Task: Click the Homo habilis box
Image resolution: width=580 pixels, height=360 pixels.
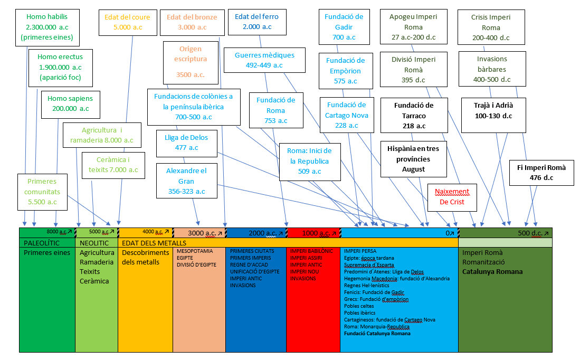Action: coord(46,27)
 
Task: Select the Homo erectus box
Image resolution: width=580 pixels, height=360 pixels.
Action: coord(60,67)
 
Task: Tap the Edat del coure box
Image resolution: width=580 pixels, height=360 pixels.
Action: coord(127,22)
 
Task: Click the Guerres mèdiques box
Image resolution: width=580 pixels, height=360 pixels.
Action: coord(264,60)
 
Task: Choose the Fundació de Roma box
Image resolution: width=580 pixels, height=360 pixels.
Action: coord(276,110)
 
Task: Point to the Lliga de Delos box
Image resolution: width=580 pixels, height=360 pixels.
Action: coord(186,143)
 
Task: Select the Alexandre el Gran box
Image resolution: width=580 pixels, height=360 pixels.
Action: coord(186,181)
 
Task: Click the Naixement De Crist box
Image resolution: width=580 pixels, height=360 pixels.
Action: coord(452,196)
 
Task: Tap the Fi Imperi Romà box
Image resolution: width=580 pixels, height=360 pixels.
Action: coord(541,172)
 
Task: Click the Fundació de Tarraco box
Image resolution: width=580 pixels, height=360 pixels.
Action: coord(414,115)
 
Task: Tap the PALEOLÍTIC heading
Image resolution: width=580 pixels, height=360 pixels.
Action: coord(42,243)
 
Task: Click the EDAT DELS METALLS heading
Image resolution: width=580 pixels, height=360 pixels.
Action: coord(154,243)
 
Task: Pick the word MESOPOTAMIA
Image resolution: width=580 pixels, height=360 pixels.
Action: coord(195,251)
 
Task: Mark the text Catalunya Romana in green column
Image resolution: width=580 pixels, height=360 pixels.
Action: coord(492,271)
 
